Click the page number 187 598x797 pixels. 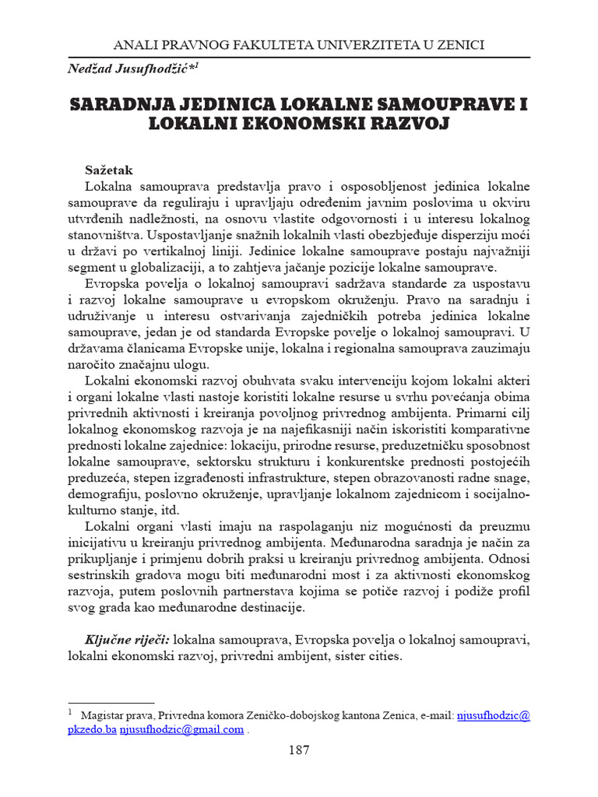coord(299,750)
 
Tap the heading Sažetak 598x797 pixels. coord(109,169)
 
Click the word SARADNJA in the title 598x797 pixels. coord(121,104)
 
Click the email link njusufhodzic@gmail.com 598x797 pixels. coord(181,729)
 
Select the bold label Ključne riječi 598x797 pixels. coord(127,640)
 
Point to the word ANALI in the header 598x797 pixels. coord(134,44)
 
